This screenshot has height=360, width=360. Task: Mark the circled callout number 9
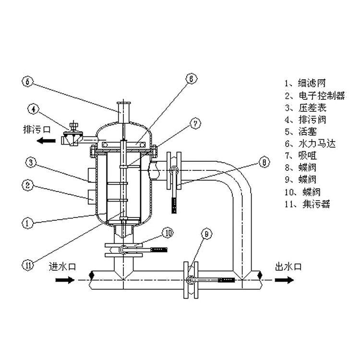coord(206,235)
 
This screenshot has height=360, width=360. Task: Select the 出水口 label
coord(287,267)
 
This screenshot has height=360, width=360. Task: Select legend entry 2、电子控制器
coord(314,96)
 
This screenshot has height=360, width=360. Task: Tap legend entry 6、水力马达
coord(310,144)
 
